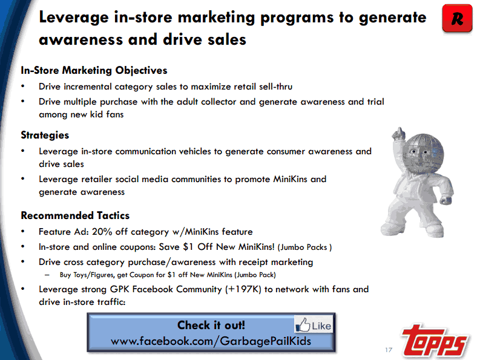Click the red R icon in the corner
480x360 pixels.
point(457,18)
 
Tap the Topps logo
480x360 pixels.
point(435,341)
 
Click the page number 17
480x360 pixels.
point(389,350)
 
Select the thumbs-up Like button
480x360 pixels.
point(314,324)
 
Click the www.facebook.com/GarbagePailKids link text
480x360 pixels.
point(211,341)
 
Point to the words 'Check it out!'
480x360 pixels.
point(211,325)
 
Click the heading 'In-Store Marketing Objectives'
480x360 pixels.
point(94,70)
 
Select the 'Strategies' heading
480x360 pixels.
point(45,136)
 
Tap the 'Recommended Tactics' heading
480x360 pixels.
point(75,215)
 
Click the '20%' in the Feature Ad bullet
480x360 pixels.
point(102,232)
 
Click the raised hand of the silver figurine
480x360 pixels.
point(398,134)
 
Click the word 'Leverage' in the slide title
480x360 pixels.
point(74,18)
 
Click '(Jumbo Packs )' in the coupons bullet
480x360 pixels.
point(304,247)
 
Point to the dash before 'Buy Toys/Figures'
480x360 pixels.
point(47,275)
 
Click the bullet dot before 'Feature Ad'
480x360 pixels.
point(22,232)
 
